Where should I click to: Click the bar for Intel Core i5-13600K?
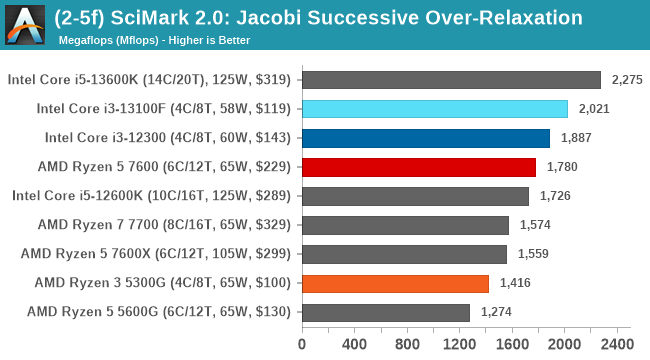click(x=451, y=80)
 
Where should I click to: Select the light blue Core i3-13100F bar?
click(x=434, y=109)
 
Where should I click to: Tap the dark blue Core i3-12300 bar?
click(x=425, y=138)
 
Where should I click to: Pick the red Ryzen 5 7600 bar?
click(x=418, y=167)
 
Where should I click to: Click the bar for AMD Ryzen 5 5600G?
click(x=385, y=313)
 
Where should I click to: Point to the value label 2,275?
click(x=626, y=80)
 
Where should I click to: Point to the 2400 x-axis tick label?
click(x=618, y=345)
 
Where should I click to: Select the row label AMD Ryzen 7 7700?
click(x=163, y=225)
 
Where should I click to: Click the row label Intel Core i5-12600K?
click(x=150, y=196)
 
